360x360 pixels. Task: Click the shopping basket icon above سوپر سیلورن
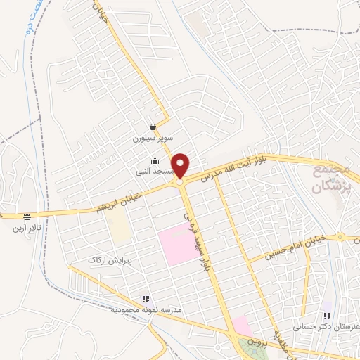(153, 127)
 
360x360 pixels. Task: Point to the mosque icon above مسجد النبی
(155, 160)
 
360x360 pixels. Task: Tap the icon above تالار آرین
(27, 217)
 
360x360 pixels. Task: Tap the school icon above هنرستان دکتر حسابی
(327, 316)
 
